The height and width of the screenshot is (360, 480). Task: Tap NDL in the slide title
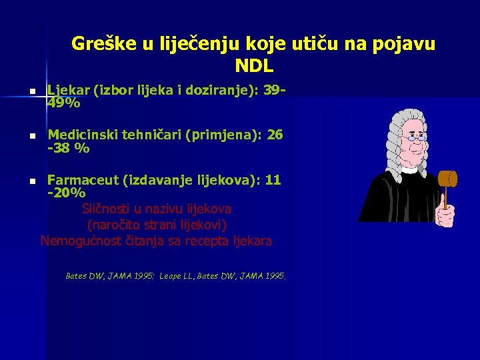tap(254, 67)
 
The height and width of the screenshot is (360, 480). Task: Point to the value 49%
tap(64, 103)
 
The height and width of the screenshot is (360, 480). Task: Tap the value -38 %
tap(68, 149)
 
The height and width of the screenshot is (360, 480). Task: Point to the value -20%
tap(66, 193)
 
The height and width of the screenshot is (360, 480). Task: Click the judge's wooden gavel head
tap(448, 179)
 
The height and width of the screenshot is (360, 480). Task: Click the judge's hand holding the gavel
tap(445, 215)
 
